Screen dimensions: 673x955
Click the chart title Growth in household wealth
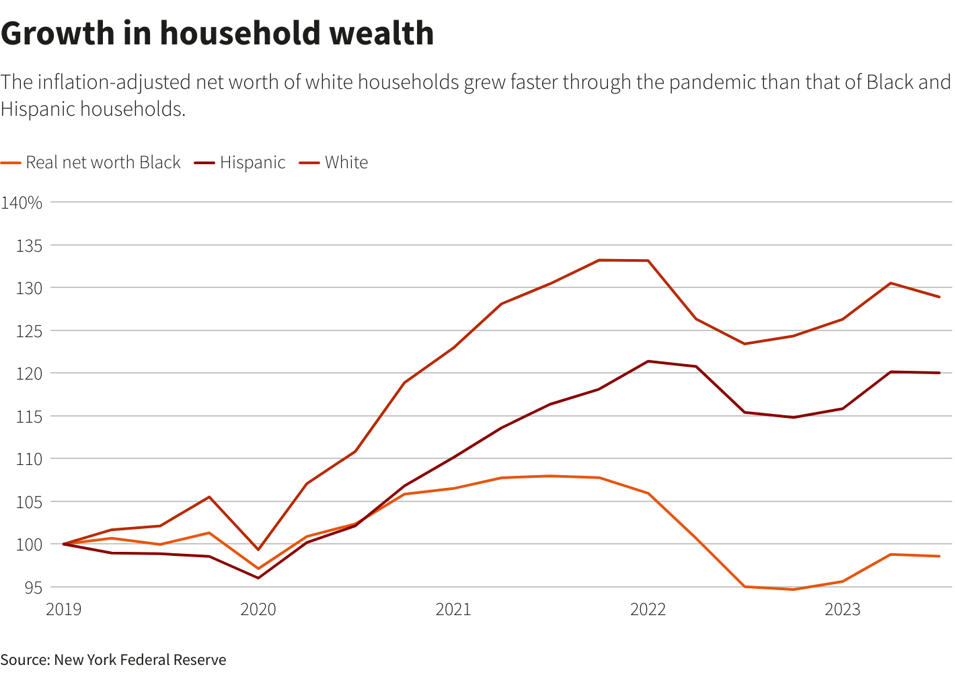pos(217,34)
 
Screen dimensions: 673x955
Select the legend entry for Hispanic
pos(252,163)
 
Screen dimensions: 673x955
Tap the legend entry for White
pos(346,163)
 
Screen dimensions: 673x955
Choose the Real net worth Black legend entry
pos(103,163)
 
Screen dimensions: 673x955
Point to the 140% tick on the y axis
pos(22,203)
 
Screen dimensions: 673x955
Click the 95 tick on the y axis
pos(33,588)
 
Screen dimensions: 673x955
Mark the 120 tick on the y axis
pos(29,374)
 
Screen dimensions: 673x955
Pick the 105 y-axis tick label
pos(29,502)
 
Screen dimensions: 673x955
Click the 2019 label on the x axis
pos(63,610)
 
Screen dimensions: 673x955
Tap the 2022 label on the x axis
pos(648,610)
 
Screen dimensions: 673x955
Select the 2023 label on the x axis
pos(842,610)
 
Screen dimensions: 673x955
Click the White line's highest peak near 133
pos(599,260)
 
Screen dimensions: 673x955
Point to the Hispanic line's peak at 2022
pos(648,361)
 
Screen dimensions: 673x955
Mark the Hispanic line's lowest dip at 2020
pos(258,577)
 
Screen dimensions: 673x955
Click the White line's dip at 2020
pos(258,550)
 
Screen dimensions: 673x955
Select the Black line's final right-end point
pos(939,556)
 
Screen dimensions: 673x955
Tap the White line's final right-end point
pos(939,297)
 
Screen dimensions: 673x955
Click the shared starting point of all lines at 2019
pos(64,544)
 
